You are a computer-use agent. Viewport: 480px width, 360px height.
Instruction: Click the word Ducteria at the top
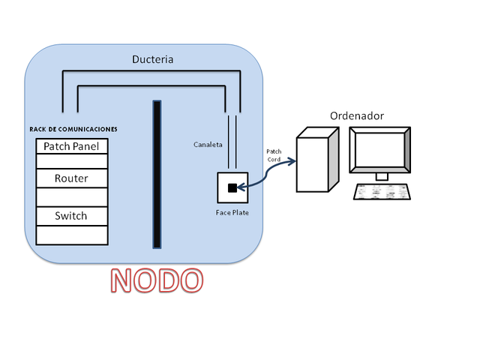[153, 59]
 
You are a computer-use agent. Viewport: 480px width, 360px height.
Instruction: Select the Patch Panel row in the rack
[71, 145]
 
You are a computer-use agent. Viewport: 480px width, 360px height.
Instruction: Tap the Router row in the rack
[71, 178]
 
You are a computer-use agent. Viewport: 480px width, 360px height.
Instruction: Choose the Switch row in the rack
[71, 216]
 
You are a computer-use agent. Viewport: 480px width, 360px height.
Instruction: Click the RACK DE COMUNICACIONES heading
[73, 129]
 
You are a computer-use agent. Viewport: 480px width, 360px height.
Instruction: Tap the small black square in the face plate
[232, 187]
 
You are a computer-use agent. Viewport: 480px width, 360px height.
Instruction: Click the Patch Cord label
[274, 154]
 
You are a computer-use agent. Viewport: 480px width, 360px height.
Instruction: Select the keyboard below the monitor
[382, 192]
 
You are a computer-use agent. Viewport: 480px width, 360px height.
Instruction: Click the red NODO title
[157, 280]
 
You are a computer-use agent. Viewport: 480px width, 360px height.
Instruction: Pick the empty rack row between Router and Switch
[71, 197]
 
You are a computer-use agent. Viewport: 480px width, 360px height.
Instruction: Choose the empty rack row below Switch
[71, 235]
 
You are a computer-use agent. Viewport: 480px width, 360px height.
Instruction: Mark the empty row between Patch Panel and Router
[71, 161]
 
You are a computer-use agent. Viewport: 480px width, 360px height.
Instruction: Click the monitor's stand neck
[382, 176]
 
